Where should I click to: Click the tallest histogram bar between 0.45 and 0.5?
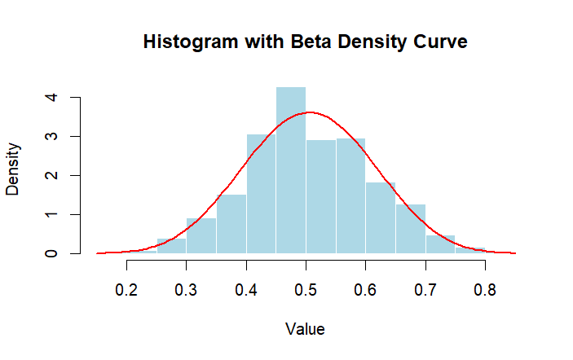pyautogui.click(x=291, y=170)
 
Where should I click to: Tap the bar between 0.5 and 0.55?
pyautogui.click(x=321, y=196)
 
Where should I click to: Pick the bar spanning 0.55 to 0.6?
pyautogui.click(x=350, y=195)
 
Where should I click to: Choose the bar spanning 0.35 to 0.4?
pyautogui.click(x=231, y=224)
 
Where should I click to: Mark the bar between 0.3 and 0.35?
pyautogui.click(x=201, y=236)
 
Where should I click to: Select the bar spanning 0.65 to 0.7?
pyautogui.click(x=411, y=229)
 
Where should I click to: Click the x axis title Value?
pyautogui.click(x=306, y=329)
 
